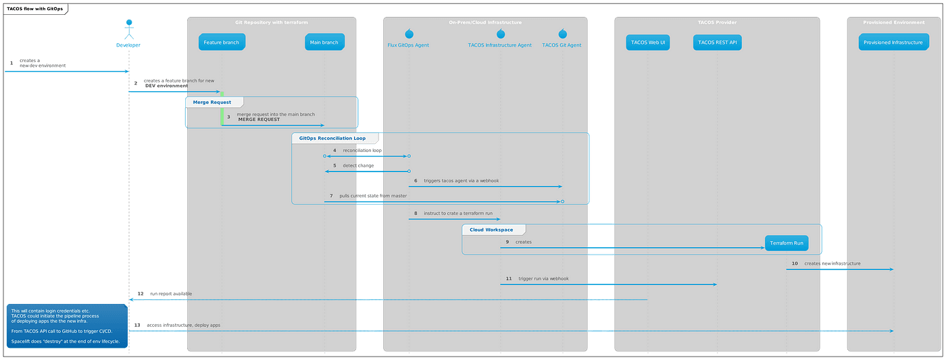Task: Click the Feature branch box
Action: click(221, 43)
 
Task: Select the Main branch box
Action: click(324, 43)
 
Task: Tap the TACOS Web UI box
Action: click(647, 43)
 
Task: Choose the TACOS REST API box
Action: click(716, 43)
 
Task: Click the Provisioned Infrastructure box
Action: click(893, 43)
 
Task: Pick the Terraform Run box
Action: click(786, 243)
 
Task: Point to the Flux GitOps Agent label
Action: click(408, 45)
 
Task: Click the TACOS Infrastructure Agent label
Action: click(500, 45)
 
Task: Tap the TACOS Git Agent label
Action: click(562, 45)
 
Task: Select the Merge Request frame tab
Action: click(212, 103)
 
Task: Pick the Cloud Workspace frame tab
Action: click(491, 230)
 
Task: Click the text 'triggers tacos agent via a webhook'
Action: click(462, 181)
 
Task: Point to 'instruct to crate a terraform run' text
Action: click(458, 213)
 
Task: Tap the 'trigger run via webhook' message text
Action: click(543, 278)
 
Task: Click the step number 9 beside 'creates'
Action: click(507, 242)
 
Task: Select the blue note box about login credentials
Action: click(66, 326)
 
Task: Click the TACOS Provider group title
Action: click(717, 22)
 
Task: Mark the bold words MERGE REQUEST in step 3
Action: click(259, 120)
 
